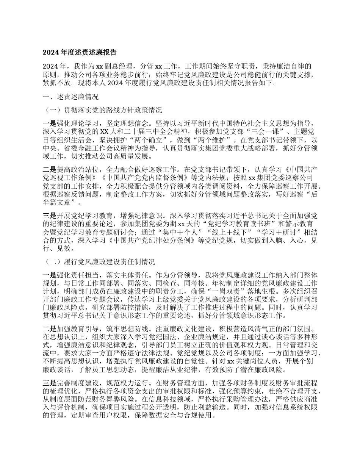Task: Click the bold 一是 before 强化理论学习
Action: [x=49, y=124]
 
